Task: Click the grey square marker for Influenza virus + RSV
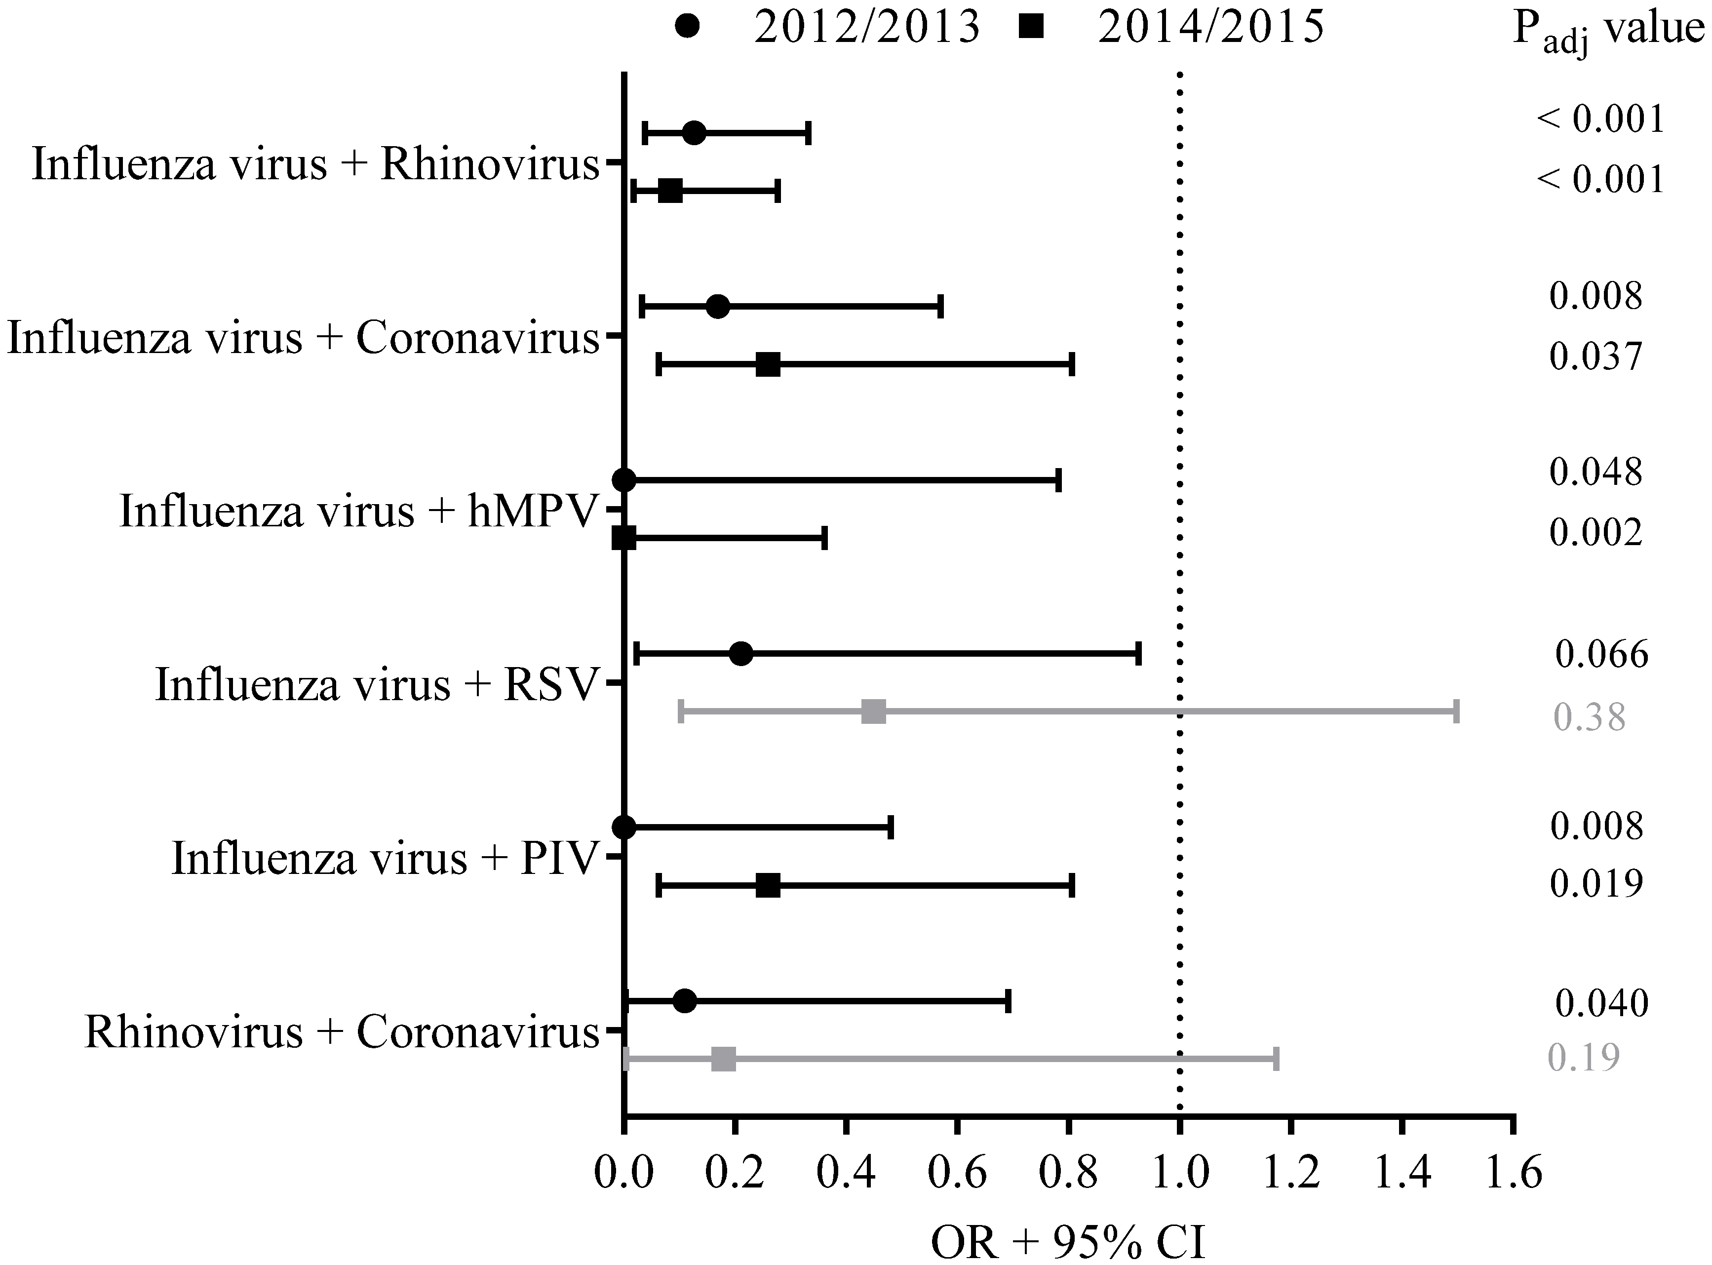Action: [874, 712]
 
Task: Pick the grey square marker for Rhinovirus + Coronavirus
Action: [724, 1060]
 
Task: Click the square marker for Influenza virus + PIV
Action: [768, 885]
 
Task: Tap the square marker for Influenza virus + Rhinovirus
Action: [670, 191]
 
